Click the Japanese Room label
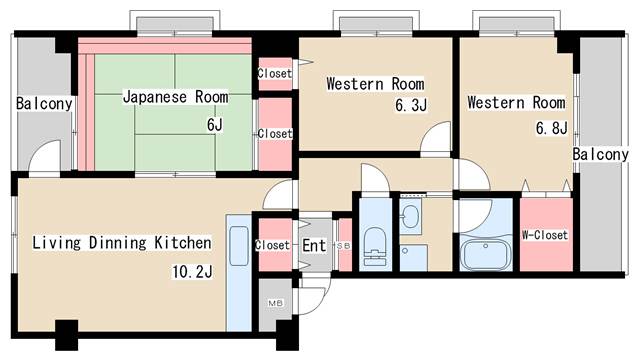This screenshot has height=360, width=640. [x=176, y=97]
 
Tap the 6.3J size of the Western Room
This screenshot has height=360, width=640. [x=411, y=105]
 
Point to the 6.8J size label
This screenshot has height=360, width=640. [x=551, y=128]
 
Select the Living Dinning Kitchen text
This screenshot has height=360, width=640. [x=122, y=242]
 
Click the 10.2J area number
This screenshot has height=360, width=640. [x=192, y=271]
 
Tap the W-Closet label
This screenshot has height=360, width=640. [x=545, y=235]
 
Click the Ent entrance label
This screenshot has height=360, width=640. [x=314, y=246]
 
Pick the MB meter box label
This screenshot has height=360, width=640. [x=276, y=303]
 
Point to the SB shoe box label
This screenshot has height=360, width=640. [x=343, y=246]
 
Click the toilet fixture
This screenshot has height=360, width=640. [x=375, y=246]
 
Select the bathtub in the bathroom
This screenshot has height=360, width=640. [x=486, y=255]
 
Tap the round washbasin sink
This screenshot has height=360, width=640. [x=410, y=215]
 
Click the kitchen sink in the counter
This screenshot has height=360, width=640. [x=239, y=246]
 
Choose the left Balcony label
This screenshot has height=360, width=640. [x=44, y=104]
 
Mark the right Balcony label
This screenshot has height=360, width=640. [x=600, y=154]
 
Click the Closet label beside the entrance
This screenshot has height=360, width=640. [x=272, y=245]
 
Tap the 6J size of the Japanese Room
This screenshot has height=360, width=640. [x=215, y=124]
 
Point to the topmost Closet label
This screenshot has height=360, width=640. [x=275, y=73]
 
